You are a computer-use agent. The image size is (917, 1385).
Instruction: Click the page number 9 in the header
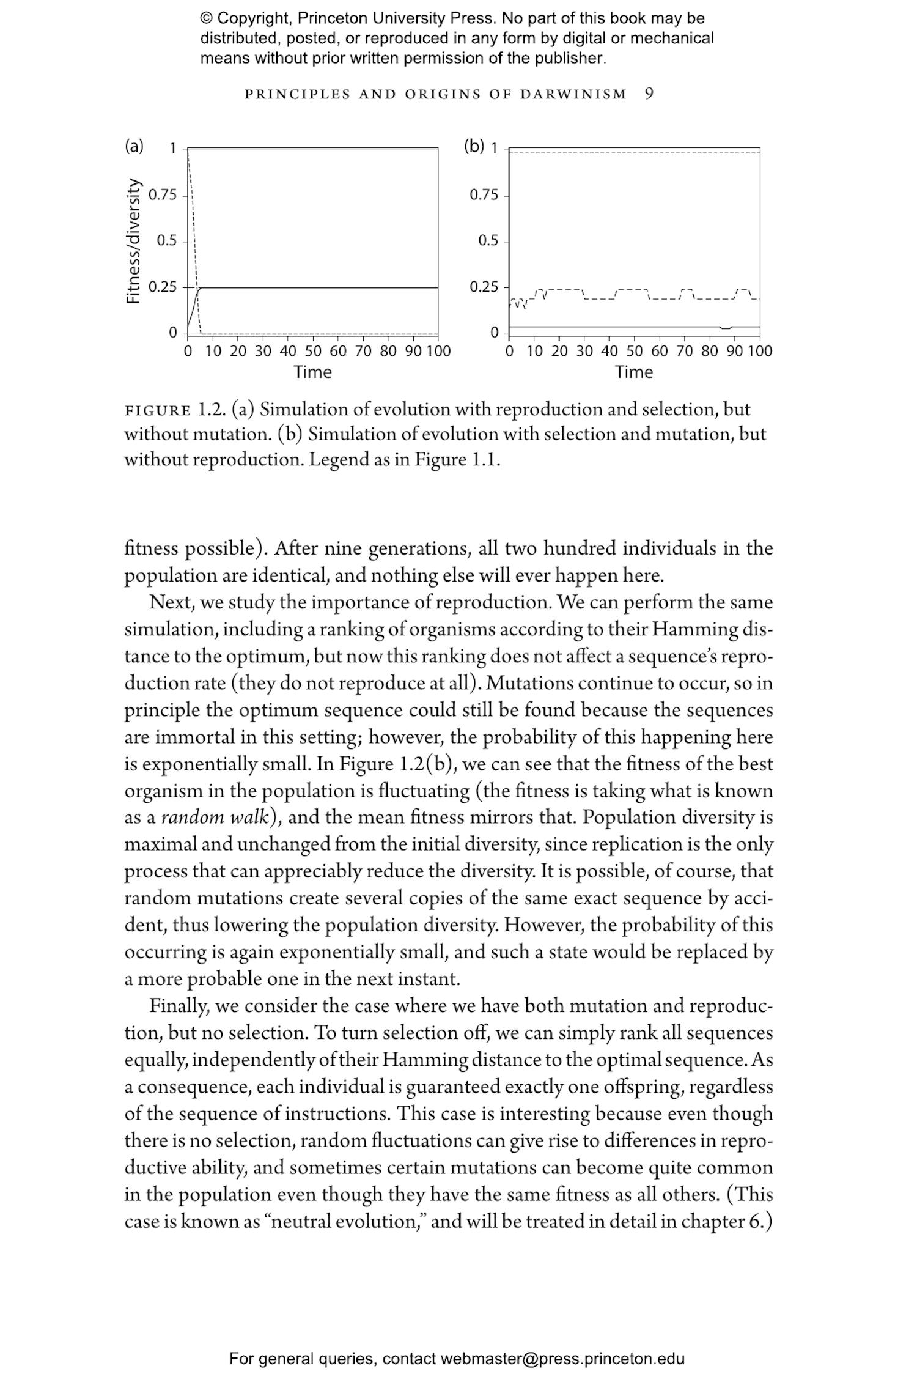click(649, 94)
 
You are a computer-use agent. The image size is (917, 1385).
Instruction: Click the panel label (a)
click(134, 146)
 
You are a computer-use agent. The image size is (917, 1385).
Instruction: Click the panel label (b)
click(474, 146)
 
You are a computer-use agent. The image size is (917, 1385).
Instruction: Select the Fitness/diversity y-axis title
click(133, 241)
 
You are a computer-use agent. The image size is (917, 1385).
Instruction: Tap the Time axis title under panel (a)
click(312, 372)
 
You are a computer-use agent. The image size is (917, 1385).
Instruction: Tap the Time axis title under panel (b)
click(634, 372)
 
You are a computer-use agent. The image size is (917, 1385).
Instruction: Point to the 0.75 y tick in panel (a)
click(163, 195)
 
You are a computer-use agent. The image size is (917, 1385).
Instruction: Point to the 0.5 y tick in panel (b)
click(488, 241)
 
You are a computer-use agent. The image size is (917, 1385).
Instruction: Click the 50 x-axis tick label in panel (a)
click(313, 352)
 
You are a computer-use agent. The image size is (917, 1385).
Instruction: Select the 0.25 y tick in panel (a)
click(163, 287)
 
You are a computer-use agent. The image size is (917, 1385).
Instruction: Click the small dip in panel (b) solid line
click(725, 329)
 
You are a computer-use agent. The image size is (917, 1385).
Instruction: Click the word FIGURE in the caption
click(158, 410)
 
